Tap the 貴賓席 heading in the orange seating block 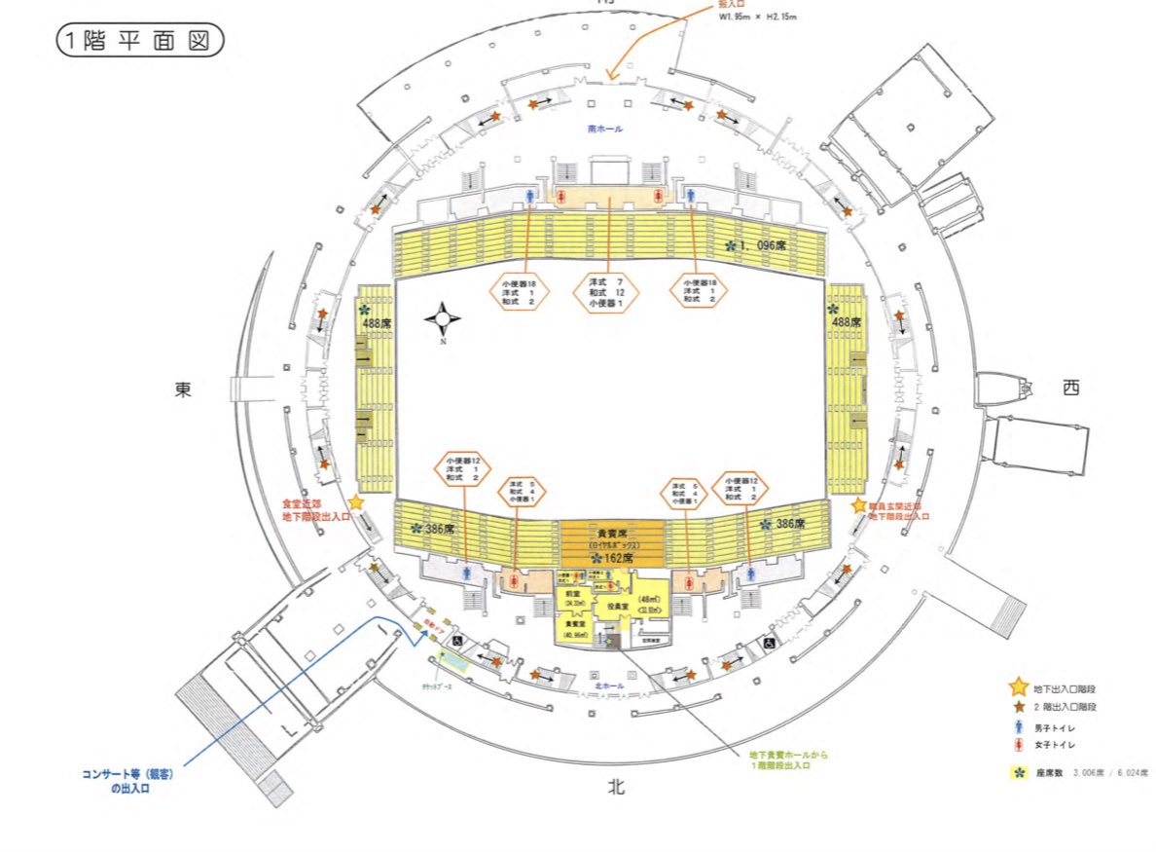(x=611, y=535)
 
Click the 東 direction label (x=184, y=389)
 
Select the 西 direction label (x=1070, y=388)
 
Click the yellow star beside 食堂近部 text (x=356, y=502)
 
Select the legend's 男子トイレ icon (x=1019, y=726)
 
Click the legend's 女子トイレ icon (x=1019, y=746)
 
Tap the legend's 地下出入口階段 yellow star (x=1019, y=688)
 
